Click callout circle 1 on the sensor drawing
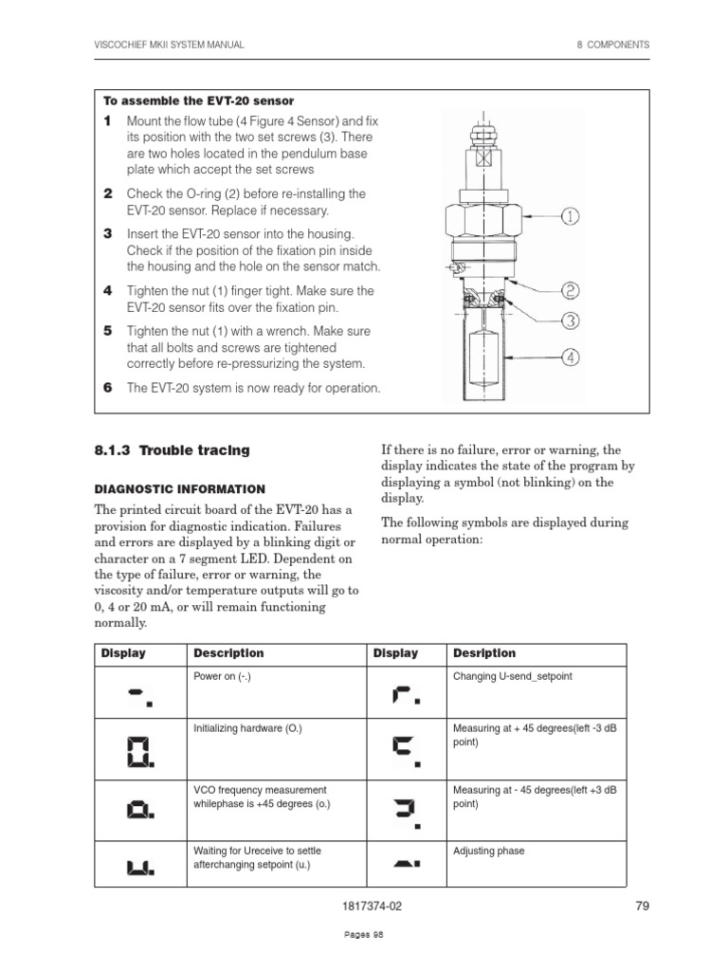pos(570,217)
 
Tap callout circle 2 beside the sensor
pos(570,291)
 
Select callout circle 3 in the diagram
pos(570,321)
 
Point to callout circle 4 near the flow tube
pos(570,357)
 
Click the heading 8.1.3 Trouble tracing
pos(172,450)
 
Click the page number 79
pos(642,906)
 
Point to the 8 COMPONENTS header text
pos(613,45)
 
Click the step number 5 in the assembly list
pos(108,331)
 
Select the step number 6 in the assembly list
pos(108,388)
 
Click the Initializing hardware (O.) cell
pos(247,728)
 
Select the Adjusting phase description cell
pos(488,851)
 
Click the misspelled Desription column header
pos(484,653)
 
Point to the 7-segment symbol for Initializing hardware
pos(139,752)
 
